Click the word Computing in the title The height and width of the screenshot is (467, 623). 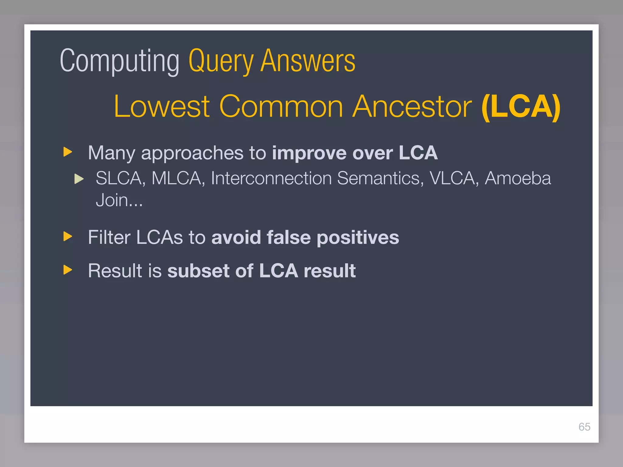click(x=120, y=62)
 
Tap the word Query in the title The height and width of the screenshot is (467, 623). click(x=221, y=62)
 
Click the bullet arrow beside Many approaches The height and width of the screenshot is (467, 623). click(x=68, y=152)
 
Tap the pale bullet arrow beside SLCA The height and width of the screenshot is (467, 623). click(x=79, y=179)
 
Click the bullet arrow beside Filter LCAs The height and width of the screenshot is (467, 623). click(x=68, y=236)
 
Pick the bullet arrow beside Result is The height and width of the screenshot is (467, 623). click(x=68, y=270)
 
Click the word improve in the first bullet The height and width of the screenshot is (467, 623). click(x=309, y=153)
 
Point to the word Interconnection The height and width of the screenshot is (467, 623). click(x=271, y=178)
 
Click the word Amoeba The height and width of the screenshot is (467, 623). click(x=517, y=178)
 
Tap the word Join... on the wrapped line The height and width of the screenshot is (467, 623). click(x=119, y=200)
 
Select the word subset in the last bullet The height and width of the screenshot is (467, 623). click(x=198, y=271)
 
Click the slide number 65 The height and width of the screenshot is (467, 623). click(x=584, y=427)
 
